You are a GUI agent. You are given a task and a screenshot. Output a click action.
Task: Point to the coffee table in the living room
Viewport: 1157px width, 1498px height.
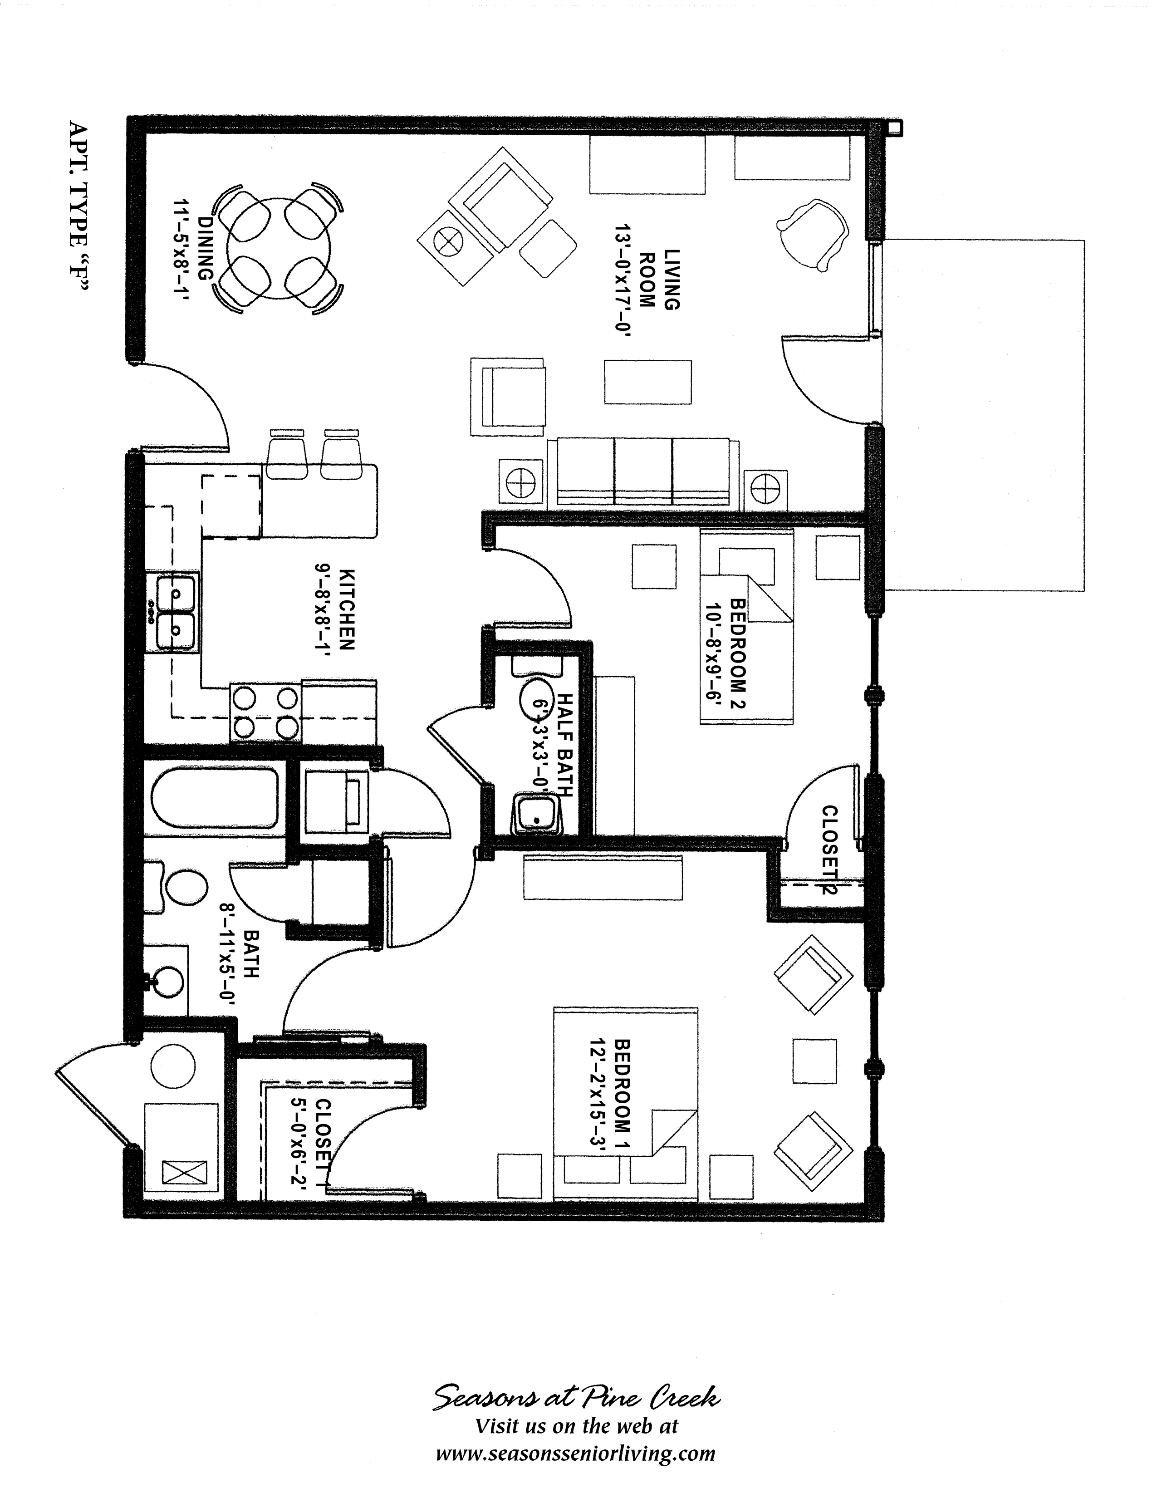click(647, 382)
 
